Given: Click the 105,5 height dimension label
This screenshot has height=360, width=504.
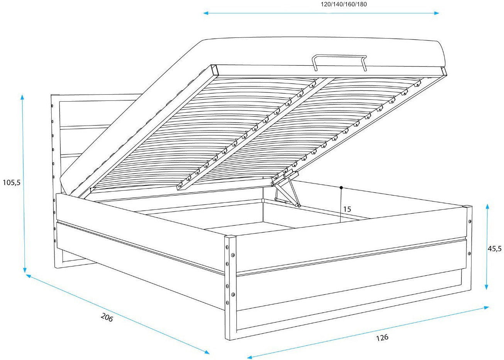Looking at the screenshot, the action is click(x=12, y=182).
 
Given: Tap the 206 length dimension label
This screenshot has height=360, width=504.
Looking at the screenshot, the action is click(x=107, y=318).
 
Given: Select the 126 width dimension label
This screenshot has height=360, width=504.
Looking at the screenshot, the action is click(x=382, y=338).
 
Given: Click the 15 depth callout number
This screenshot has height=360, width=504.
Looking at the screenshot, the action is click(x=347, y=209).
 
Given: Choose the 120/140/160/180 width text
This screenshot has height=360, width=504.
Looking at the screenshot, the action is click(x=344, y=4).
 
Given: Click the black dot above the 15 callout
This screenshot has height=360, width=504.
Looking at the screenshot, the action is click(x=341, y=187).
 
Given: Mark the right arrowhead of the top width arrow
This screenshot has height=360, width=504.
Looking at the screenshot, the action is click(x=436, y=13).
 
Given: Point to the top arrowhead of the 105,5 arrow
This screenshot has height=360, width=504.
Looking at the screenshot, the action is click(x=22, y=97).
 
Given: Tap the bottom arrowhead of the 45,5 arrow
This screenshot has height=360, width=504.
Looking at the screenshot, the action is click(x=487, y=287).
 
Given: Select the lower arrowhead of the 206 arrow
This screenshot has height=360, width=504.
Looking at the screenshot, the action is click(x=207, y=352).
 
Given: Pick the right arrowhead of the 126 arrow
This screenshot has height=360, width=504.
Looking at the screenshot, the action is click(x=486, y=307).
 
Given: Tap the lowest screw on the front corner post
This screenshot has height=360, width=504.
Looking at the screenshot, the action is click(x=227, y=302).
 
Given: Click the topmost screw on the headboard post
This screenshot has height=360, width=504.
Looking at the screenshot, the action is click(x=52, y=105).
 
